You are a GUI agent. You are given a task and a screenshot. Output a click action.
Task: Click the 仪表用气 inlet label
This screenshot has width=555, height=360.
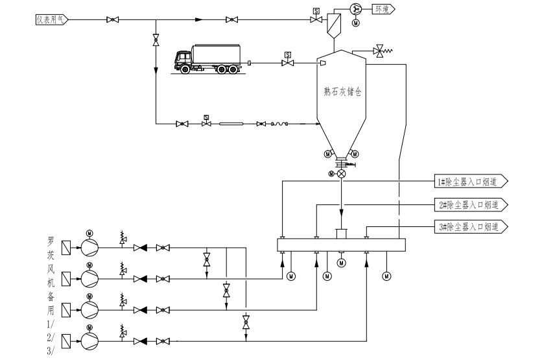click(x=51, y=20)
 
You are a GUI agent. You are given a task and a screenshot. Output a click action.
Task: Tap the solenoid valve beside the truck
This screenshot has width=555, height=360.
click(x=287, y=62)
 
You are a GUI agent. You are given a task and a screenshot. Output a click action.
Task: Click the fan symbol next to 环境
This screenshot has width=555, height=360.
click(x=355, y=9)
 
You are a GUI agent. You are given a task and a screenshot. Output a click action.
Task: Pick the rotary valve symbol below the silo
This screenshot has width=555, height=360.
click(x=342, y=174)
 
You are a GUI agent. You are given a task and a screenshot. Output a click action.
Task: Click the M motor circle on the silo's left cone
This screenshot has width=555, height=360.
click(x=328, y=154)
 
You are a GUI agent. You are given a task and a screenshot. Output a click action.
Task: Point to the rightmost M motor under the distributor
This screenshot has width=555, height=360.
click(x=387, y=276)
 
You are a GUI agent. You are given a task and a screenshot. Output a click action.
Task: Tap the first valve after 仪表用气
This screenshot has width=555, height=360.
click(x=112, y=20)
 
